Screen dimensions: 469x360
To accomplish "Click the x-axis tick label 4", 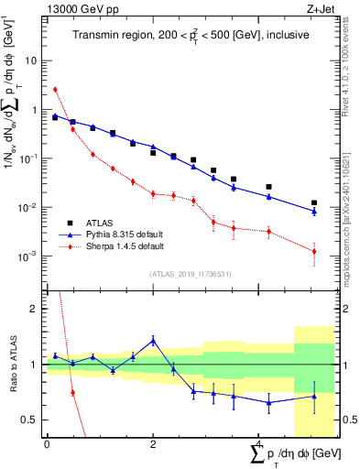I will pos(259,444).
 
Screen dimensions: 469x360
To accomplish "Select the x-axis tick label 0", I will pos(47,444).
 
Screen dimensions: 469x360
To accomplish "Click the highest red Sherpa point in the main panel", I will pos(55,90).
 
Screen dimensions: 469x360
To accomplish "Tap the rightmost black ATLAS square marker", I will pos(314,202).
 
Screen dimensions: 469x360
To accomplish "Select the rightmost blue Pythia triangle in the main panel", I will pos(314,212).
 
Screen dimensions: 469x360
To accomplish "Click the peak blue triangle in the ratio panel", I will pos(153,340).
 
